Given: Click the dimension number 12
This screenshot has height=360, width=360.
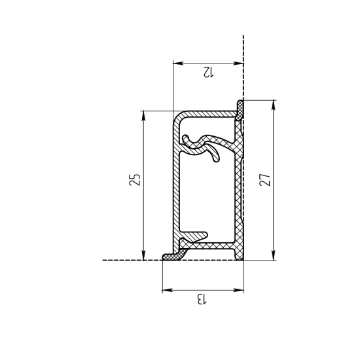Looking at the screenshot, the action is (x=208, y=72).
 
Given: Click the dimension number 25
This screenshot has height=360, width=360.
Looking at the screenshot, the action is (x=135, y=180).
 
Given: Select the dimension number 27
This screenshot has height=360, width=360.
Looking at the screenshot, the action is (x=264, y=180).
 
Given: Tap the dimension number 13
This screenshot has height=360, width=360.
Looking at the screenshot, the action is (x=202, y=299).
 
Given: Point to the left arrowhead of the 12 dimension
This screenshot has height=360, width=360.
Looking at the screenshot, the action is (x=178, y=63).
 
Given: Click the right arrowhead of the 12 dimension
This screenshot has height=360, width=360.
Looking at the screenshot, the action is (x=238, y=63).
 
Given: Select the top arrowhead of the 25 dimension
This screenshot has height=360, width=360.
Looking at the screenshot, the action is (x=143, y=116).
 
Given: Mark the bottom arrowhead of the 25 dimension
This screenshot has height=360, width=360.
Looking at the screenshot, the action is (x=143, y=255).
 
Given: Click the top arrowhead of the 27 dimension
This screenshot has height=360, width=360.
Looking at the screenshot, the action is (x=273, y=105).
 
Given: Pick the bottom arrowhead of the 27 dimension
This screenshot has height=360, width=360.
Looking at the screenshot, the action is (x=273, y=255).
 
